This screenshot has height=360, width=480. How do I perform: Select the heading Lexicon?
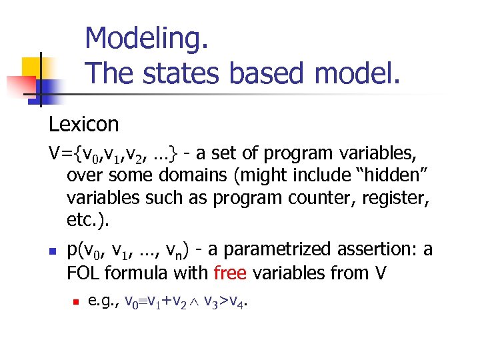pos(83,124)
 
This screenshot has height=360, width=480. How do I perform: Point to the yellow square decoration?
pos(33,67)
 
